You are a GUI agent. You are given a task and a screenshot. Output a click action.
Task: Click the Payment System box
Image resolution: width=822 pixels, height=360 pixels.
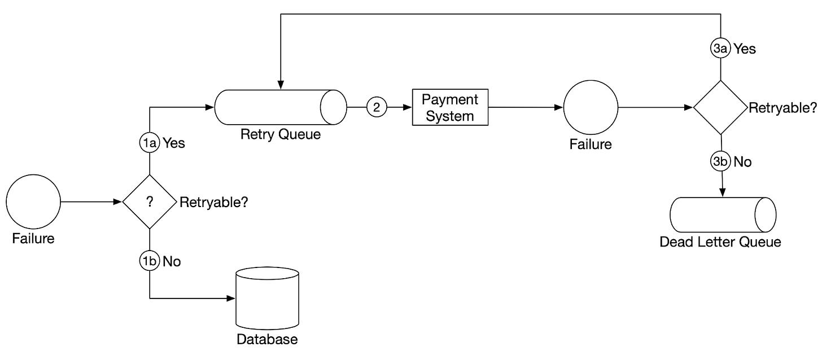tap(451, 107)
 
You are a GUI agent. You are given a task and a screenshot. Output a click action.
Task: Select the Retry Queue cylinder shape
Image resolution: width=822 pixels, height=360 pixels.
tap(279, 107)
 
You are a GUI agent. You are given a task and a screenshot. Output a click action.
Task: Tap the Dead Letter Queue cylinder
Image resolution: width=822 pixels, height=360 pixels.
tap(722, 215)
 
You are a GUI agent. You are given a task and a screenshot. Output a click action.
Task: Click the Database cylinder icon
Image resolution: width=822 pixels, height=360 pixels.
tap(267, 300)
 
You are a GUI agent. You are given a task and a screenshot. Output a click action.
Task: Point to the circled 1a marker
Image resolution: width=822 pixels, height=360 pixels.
tap(149, 143)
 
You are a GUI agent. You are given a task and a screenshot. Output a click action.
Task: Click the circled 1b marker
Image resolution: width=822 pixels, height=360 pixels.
tap(149, 261)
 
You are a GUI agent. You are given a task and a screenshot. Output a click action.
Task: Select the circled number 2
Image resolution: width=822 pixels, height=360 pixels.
tap(376, 107)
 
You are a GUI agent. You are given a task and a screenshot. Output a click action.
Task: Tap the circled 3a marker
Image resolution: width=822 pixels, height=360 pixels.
tap(720, 49)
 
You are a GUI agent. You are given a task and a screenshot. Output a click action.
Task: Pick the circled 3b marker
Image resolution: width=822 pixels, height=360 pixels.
tap(720, 162)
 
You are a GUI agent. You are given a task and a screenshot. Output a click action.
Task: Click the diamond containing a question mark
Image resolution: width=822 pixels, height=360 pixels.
tap(150, 202)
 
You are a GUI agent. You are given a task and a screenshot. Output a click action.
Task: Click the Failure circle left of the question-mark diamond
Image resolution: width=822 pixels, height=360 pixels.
tap(33, 202)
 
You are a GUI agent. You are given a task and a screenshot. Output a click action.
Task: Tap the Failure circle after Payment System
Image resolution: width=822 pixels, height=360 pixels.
tap(590, 107)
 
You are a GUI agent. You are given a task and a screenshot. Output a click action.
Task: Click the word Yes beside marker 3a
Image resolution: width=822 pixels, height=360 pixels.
tap(745, 49)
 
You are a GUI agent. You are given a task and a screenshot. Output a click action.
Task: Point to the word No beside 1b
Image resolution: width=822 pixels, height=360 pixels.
tap(172, 262)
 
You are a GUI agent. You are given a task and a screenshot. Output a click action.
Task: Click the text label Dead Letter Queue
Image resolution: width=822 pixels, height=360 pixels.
tap(720, 243)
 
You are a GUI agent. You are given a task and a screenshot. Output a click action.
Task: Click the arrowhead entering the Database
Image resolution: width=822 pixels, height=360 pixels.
tap(230, 298)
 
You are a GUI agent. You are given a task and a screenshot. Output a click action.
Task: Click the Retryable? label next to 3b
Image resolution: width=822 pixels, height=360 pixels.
tap(782, 108)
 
